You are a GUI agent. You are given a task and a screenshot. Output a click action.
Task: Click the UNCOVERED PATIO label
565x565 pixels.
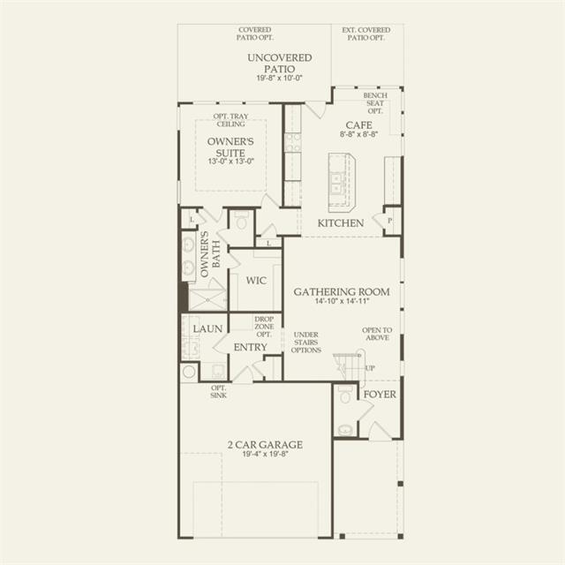point(280,63)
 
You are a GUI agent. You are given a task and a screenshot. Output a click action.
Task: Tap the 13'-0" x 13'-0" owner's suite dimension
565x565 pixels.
point(231,161)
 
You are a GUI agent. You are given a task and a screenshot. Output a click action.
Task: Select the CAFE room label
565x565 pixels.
point(359,125)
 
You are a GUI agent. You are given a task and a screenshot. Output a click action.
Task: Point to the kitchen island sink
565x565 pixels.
point(336,184)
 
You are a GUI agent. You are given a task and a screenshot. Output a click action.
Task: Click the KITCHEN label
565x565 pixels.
point(341,223)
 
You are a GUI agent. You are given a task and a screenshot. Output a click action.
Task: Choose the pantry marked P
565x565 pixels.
point(390,221)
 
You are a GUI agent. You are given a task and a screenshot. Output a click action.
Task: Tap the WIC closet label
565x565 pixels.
point(256,281)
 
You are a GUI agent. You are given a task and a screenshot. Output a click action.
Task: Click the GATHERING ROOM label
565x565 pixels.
point(342,291)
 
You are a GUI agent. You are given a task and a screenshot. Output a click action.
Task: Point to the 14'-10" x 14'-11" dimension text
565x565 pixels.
point(342,301)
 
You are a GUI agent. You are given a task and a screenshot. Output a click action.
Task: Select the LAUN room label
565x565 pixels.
point(207,328)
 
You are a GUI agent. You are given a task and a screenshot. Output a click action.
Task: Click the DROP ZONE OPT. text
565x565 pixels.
point(264,327)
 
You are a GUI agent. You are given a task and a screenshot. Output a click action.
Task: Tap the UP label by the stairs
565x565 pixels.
point(370,368)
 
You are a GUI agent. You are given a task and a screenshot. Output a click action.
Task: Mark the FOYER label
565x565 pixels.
point(380,395)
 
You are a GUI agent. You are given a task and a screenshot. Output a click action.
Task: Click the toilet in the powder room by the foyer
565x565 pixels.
point(345,395)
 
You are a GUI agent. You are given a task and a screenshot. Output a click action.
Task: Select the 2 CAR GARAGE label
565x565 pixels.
point(265,445)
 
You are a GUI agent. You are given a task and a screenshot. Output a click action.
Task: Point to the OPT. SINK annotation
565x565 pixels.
point(219,392)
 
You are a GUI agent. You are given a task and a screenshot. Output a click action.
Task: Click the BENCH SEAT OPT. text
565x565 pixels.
point(375,103)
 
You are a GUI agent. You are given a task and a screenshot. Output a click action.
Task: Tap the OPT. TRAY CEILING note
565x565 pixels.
point(230,120)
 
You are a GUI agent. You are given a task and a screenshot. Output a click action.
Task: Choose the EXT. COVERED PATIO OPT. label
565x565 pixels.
point(366,34)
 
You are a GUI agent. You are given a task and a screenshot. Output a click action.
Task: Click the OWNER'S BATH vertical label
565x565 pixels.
point(210,254)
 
